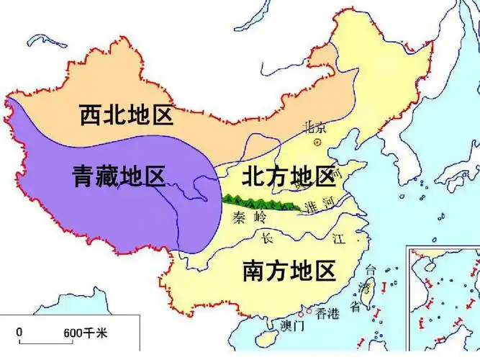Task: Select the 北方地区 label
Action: tap(288, 176)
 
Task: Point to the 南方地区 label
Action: tap(289, 271)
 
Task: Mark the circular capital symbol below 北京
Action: tap(317, 143)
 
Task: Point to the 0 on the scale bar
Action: tap(19, 333)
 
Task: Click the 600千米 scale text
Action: tap(85, 333)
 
